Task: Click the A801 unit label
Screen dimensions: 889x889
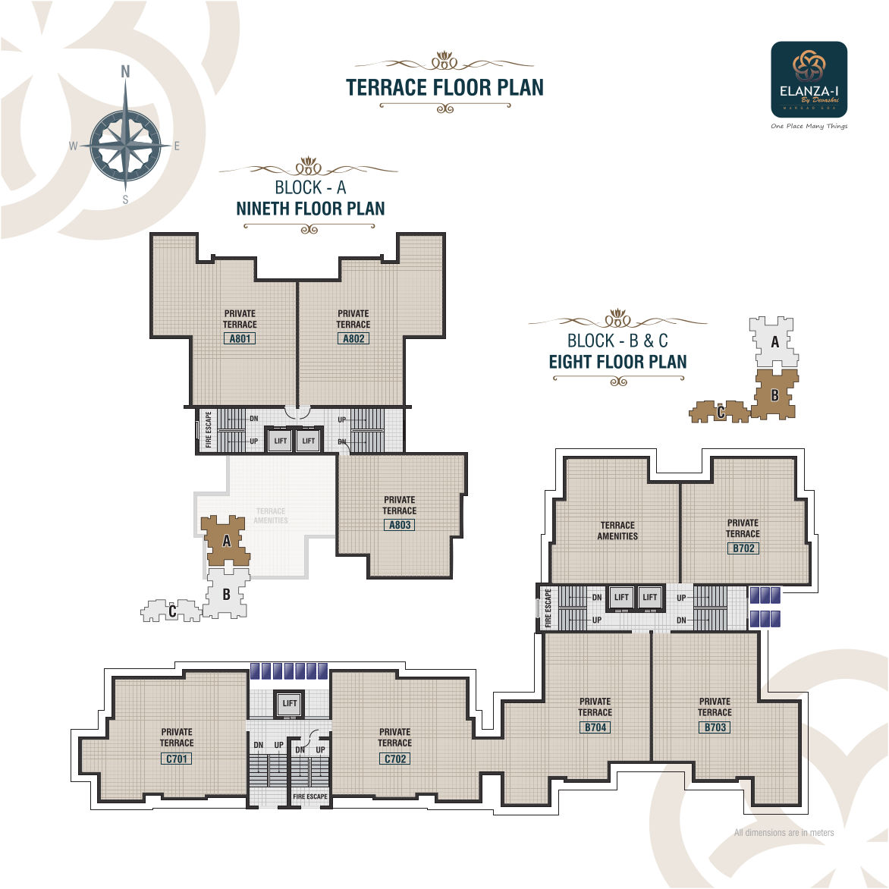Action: [x=240, y=338]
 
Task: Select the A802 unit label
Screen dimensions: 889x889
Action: [x=353, y=338]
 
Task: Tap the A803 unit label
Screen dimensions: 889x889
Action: [x=400, y=525]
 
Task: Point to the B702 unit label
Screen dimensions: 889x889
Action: [x=743, y=548]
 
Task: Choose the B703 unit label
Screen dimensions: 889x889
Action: [x=715, y=727]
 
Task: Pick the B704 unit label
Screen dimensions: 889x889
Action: [x=595, y=727]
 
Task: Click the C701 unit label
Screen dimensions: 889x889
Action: [x=177, y=759]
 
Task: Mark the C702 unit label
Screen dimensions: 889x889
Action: [x=395, y=759]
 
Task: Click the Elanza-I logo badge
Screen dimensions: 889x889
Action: [x=809, y=79]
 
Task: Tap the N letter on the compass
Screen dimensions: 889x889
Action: [x=126, y=72]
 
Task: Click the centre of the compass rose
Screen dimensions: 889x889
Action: [x=126, y=145]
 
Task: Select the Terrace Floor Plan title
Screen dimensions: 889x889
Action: [x=444, y=88]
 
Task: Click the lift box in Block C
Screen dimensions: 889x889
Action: [x=290, y=703]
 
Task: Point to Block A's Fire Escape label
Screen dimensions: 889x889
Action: [x=209, y=430]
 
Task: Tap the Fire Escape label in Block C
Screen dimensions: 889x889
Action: [x=310, y=796]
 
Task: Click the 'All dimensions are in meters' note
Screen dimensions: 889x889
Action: [x=784, y=833]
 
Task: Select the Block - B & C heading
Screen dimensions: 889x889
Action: [x=617, y=341]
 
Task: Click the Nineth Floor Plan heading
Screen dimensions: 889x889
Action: [x=310, y=209]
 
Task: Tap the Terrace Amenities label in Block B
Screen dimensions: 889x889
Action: [x=617, y=530]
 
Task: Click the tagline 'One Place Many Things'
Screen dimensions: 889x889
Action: [x=809, y=126]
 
